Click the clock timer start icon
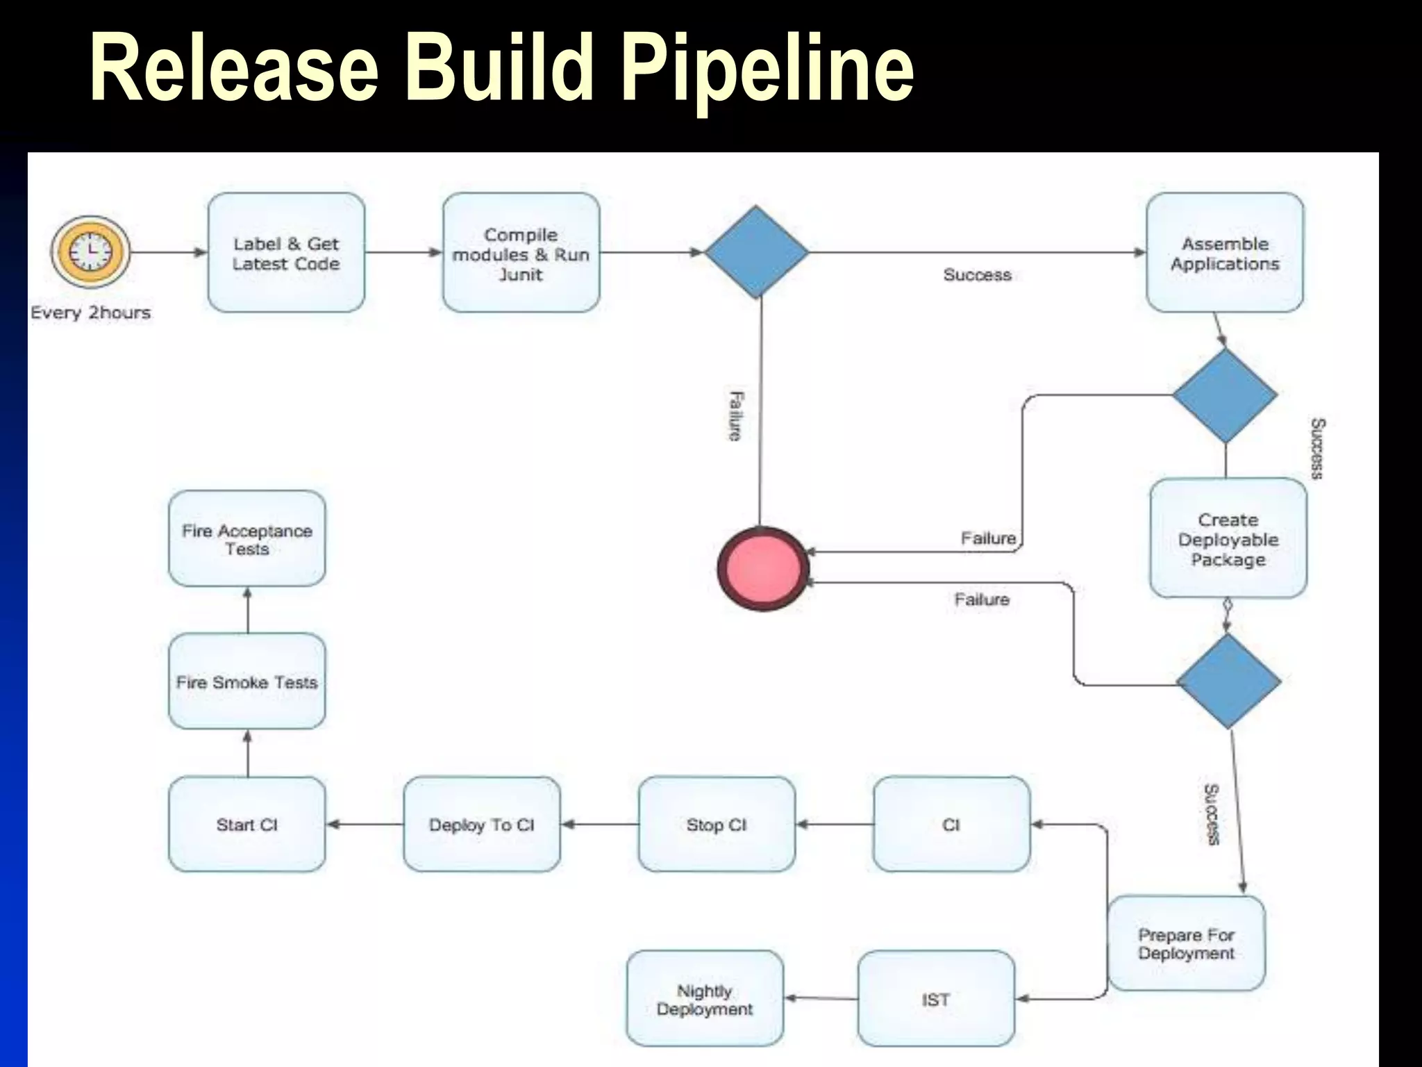[90, 251]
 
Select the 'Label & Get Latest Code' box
[286, 253]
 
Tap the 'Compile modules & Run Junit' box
[521, 253]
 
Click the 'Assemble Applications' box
[1225, 253]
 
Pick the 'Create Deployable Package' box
[1228, 538]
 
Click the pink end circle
[762, 568]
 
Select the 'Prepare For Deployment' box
[1186, 943]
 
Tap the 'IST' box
[936, 999]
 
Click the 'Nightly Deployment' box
[705, 999]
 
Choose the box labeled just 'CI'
[951, 825]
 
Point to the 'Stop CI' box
[717, 825]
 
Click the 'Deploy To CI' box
[482, 825]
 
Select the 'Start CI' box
[247, 825]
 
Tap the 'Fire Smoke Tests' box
[247, 681]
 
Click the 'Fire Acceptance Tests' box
[247, 539]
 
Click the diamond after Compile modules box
[757, 252]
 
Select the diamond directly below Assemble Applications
[1226, 395]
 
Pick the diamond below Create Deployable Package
[1228, 681]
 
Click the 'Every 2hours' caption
[90, 313]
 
